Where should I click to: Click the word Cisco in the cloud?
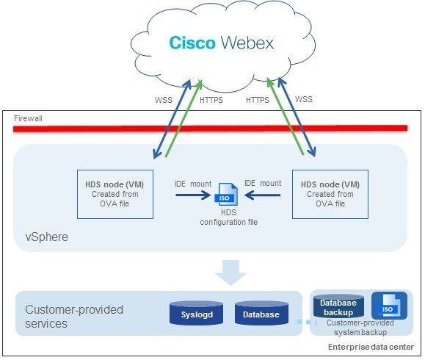pyautogui.click(x=192, y=43)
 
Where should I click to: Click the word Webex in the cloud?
pyautogui.click(x=247, y=43)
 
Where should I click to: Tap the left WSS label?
pyautogui.click(x=164, y=100)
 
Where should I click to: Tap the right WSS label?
pyautogui.click(x=304, y=99)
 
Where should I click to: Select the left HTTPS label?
pyautogui.click(x=211, y=100)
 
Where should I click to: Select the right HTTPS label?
pyautogui.click(x=258, y=100)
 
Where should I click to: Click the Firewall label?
pyautogui.click(x=28, y=118)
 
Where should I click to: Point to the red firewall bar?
pyautogui.click(x=211, y=129)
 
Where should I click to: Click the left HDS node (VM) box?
pyautogui.click(x=115, y=194)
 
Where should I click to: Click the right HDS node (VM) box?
pyautogui.click(x=330, y=194)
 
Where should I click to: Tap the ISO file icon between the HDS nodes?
pyautogui.click(x=227, y=195)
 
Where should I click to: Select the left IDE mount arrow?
pyautogui.click(x=193, y=195)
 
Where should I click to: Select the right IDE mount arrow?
pyautogui.click(x=262, y=195)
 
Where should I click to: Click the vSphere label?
pyautogui.click(x=47, y=237)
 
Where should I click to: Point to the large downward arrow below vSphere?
pyautogui.click(x=231, y=273)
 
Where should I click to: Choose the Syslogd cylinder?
pyautogui.click(x=196, y=313)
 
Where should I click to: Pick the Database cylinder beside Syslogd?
pyautogui.click(x=261, y=313)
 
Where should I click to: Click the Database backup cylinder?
pyautogui.click(x=338, y=306)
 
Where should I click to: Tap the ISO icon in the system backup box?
pyautogui.click(x=389, y=306)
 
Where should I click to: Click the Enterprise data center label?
pyautogui.click(x=371, y=347)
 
